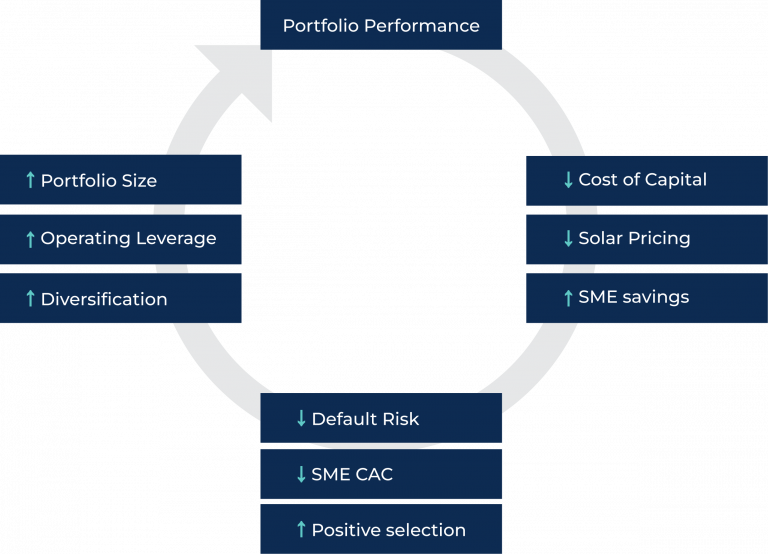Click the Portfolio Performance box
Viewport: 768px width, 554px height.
pyautogui.click(x=381, y=24)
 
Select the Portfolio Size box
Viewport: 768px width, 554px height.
pyautogui.click(x=120, y=180)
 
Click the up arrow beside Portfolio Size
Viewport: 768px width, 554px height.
pyautogui.click(x=30, y=180)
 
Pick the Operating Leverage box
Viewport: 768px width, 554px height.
pyautogui.click(x=120, y=239)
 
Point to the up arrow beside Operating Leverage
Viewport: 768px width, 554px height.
pyautogui.click(x=30, y=239)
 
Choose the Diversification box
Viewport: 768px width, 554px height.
pyautogui.click(x=120, y=298)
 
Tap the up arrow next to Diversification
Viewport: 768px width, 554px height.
pyautogui.click(x=30, y=298)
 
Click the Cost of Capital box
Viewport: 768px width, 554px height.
pyautogui.click(x=647, y=181)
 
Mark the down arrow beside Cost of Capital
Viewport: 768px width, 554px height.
pyautogui.click(x=568, y=180)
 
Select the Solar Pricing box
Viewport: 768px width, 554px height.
pyautogui.click(x=647, y=239)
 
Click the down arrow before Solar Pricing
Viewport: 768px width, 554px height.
pyautogui.click(x=568, y=239)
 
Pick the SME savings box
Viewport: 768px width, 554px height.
pyautogui.click(x=647, y=298)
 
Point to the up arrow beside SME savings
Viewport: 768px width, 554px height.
pyautogui.click(x=568, y=298)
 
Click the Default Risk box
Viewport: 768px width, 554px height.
pyautogui.click(x=381, y=418)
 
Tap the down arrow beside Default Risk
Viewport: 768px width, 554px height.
pyautogui.click(x=301, y=418)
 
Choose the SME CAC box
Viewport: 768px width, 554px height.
pyautogui.click(x=381, y=474)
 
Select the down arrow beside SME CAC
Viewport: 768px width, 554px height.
pyautogui.click(x=301, y=474)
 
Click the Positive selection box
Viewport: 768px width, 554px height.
pyautogui.click(x=381, y=529)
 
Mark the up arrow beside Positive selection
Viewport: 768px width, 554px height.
pyautogui.click(x=301, y=529)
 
